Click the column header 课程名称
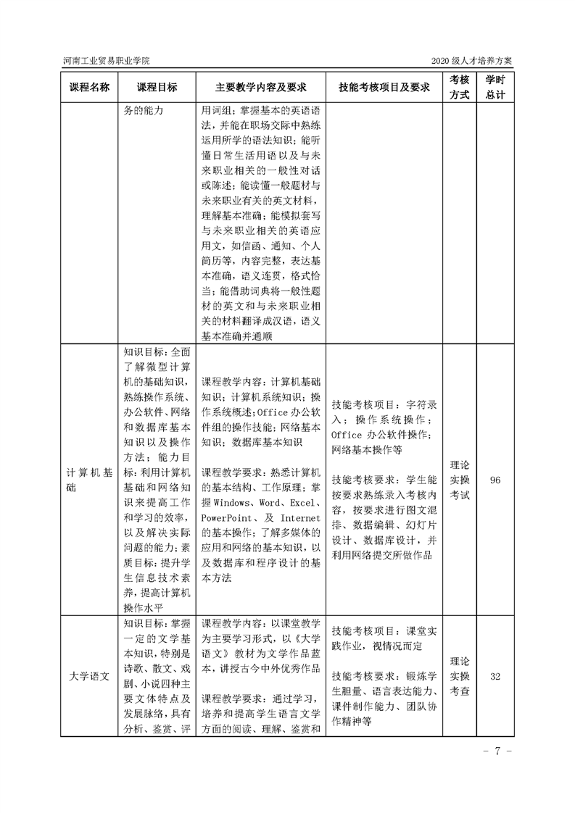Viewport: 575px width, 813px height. click(90, 88)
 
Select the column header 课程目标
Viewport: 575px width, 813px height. click(157, 88)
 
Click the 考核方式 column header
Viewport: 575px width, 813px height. click(459, 88)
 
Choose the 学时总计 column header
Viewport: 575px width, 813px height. click(496, 88)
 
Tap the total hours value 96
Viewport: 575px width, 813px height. click(496, 480)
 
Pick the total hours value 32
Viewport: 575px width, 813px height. click(496, 676)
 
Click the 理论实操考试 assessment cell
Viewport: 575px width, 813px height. click(459, 480)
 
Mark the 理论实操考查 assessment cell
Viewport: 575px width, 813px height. click(459, 676)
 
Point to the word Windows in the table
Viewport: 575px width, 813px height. click(231, 502)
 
